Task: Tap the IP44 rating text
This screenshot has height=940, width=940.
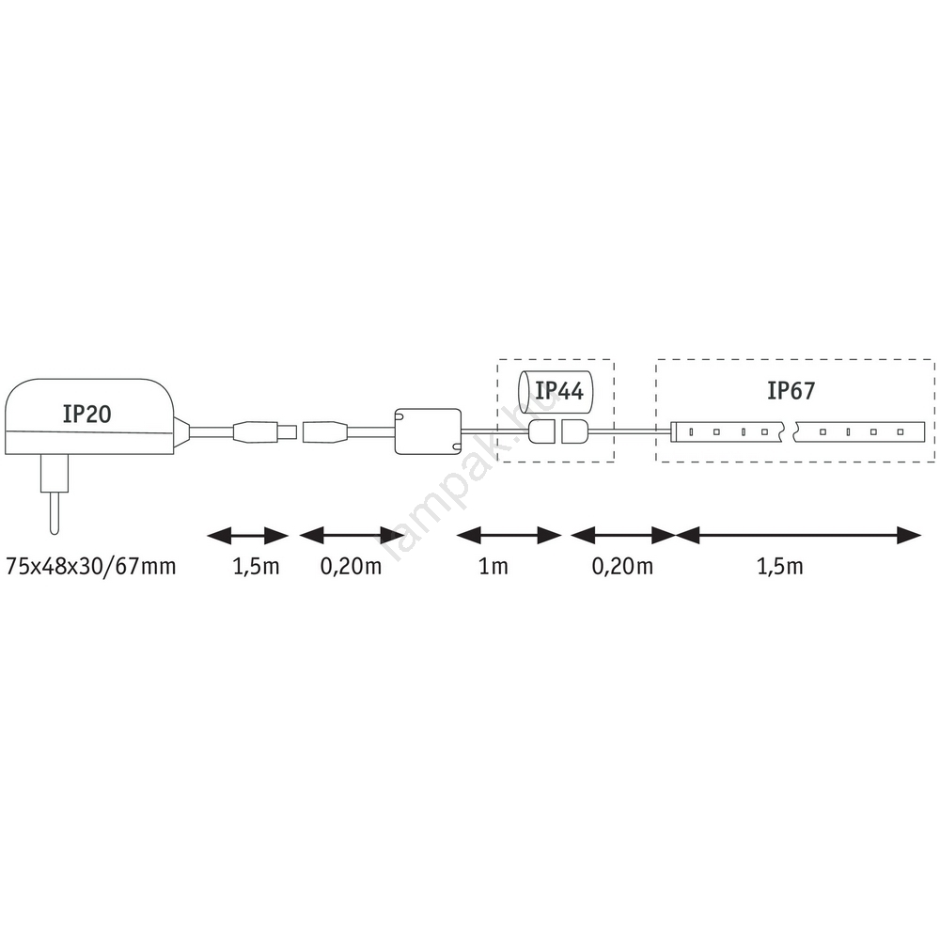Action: pos(558,390)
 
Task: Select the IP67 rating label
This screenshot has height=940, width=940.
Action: pos(791,390)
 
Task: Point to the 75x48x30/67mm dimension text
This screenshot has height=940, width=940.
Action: pos(90,566)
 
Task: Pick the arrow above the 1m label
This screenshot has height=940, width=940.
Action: pos(509,536)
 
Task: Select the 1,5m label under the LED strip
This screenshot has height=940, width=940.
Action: pos(780,566)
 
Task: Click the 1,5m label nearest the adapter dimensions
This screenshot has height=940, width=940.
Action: pos(246,566)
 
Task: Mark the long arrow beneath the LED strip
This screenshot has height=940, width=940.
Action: pos(799,536)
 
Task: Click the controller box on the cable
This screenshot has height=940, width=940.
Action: pos(429,431)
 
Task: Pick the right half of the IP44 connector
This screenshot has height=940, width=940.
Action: pos(573,432)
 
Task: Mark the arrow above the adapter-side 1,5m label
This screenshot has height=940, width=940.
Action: pos(247,536)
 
